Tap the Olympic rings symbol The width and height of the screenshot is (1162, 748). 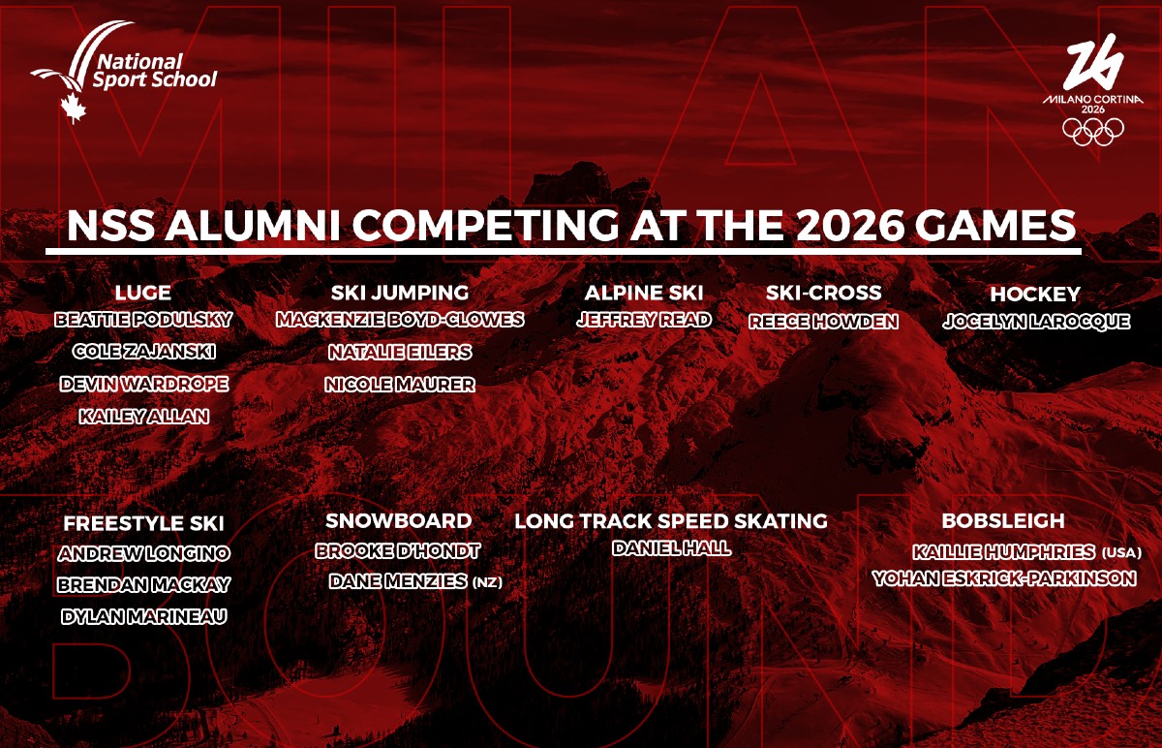[1093, 131]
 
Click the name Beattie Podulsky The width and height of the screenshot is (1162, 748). [143, 319]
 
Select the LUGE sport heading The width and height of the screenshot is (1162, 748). [143, 293]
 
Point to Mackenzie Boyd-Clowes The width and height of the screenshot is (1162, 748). [400, 319]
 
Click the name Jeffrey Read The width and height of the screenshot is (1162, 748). [644, 319]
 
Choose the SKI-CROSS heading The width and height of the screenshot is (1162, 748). [824, 293]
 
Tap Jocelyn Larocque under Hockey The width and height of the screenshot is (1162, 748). [1036, 322]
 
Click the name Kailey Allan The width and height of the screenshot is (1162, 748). [144, 416]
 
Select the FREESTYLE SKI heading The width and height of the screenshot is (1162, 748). [143, 523]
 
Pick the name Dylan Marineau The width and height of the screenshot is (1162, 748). [143, 616]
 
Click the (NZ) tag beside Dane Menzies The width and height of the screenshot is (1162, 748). [487, 582]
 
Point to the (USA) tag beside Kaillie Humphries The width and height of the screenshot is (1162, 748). [1121, 553]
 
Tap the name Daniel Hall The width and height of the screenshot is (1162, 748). [671, 548]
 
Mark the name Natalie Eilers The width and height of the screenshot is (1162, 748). [400, 351]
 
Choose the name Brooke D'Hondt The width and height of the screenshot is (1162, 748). [398, 551]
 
